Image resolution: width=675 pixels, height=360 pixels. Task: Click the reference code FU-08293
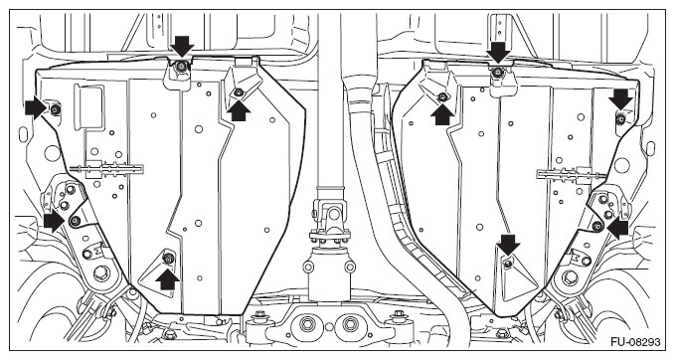pyautogui.click(x=635, y=342)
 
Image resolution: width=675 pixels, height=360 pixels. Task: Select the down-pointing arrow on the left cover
pyautogui.click(x=182, y=47)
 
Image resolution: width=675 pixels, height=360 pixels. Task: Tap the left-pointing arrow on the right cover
pyautogui.click(x=617, y=228)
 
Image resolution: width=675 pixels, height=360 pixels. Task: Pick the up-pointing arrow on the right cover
pyautogui.click(x=442, y=114)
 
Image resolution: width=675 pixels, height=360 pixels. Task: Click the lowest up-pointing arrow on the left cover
pyautogui.click(x=167, y=279)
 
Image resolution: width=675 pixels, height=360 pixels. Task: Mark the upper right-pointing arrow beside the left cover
pyautogui.click(x=36, y=107)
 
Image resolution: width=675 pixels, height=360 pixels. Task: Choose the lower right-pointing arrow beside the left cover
pyautogui.click(x=55, y=222)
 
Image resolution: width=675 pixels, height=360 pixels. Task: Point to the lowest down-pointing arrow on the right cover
pyautogui.click(x=508, y=245)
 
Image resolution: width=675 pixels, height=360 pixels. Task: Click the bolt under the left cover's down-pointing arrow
pyautogui.click(x=181, y=66)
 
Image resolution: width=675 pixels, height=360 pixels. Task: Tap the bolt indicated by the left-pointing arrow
pyautogui.click(x=596, y=226)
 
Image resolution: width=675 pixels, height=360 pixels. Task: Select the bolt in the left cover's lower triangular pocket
pyautogui.click(x=167, y=258)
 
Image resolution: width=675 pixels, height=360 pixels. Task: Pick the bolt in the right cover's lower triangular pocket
pyautogui.click(x=508, y=264)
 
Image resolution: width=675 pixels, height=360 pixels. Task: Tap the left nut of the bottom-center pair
pyautogui.click(x=308, y=324)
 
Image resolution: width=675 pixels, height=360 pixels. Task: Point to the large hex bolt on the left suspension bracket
pyautogui.click(x=101, y=273)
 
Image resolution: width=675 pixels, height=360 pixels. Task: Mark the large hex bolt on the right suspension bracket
pyautogui.click(x=570, y=277)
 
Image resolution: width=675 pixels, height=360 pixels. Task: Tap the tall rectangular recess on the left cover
pyautogui.click(x=88, y=106)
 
